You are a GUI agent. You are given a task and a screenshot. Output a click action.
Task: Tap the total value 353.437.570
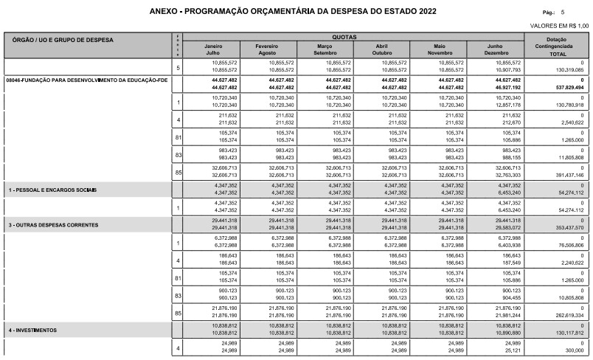(566, 228)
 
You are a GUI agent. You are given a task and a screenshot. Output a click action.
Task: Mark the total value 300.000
(572, 350)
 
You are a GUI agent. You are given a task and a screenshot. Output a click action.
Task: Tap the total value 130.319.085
(566, 71)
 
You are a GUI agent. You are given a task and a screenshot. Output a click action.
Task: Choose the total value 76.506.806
(567, 245)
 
